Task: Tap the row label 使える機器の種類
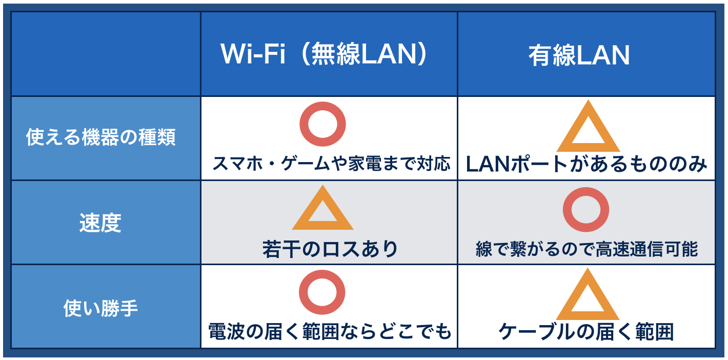[x=101, y=137]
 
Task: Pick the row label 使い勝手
[x=100, y=308]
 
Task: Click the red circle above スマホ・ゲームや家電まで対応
[x=322, y=124]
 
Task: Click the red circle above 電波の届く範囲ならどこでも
[x=322, y=292]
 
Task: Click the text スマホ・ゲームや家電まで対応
[x=331, y=164]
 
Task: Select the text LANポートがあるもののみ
[x=586, y=164]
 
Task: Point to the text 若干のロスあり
[x=330, y=249]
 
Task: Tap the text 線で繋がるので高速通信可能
[x=587, y=249]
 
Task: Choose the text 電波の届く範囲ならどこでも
[x=330, y=332]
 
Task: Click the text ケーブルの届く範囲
[x=586, y=332]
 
